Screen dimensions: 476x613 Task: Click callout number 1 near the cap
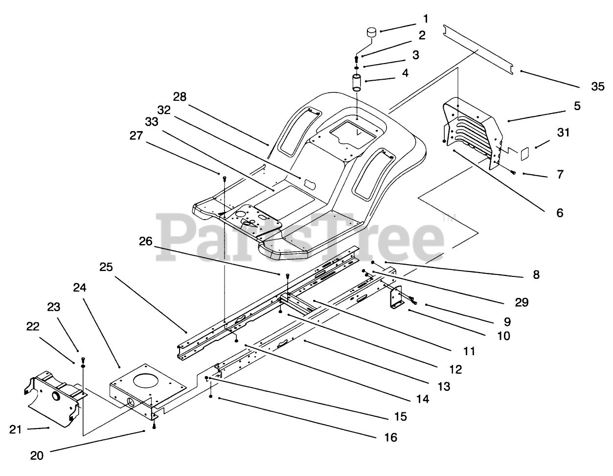(x=425, y=19)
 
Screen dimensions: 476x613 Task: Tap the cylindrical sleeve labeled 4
(x=356, y=82)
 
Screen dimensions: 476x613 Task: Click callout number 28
(x=180, y=96)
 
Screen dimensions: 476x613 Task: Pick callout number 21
(x=17, y=429)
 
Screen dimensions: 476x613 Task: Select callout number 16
(x=390, y=437)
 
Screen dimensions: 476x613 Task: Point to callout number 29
(x=522, y=302)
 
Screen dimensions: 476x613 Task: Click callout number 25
(x=107, y=267)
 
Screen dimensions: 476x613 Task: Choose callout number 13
(x=444, y=386)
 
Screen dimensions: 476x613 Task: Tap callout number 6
(x=559, y=213)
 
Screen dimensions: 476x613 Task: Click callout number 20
(x=37, y=455)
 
